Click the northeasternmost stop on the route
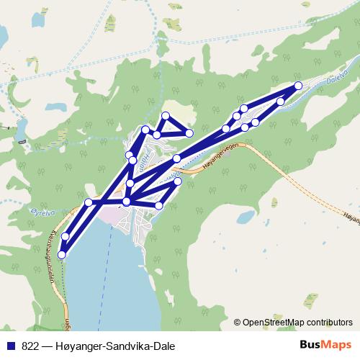[x=298, y=86]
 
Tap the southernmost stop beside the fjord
[x=62, y=254]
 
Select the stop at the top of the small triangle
[x=166, y=116]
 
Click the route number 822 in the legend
[x=31, y=345]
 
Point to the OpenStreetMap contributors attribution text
[x=299, y=322]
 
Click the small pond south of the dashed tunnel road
[x=246, y=216]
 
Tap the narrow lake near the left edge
[x=21, y=130]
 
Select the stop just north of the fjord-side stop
[x=66, y=236]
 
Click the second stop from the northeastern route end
[x=281, y=102]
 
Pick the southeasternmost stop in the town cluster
[x=159, y=206]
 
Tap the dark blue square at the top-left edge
[x=2, y=35]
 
